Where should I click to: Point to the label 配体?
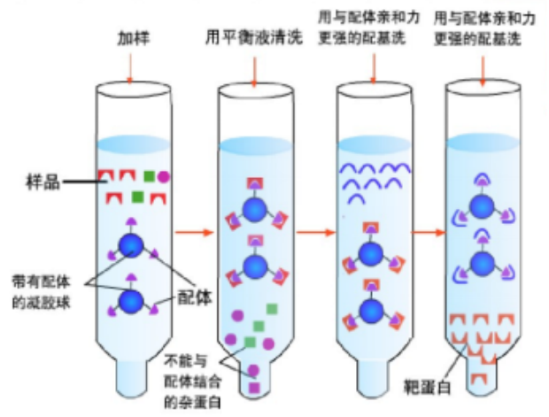197,297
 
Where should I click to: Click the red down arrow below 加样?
131,69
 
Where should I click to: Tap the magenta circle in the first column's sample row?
165,176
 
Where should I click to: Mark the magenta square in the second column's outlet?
254,387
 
